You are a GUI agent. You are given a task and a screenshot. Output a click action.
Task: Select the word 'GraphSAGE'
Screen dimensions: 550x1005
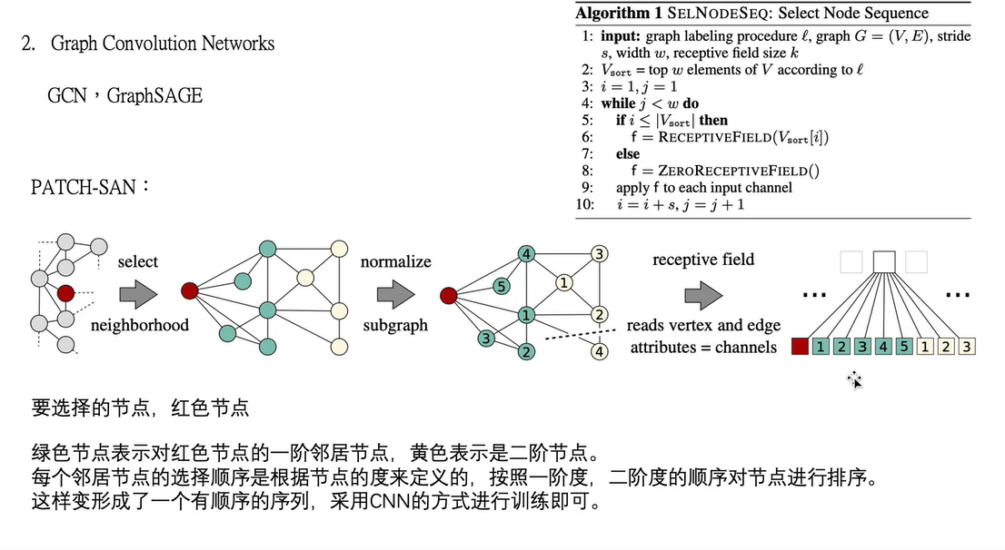click(x=154, y=95)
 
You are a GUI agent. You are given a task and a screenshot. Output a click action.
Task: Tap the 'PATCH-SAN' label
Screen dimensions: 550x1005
click(x=83, y=187)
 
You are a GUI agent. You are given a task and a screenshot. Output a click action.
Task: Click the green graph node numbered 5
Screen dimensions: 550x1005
click(x=501, y=286)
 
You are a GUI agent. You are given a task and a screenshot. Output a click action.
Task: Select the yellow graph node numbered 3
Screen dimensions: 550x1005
click(x=599, y=253)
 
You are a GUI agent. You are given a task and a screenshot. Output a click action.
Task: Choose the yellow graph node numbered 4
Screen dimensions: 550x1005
click(x=599, y=351)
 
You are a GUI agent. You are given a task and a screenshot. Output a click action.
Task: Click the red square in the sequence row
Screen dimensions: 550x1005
click(x=800, y=346)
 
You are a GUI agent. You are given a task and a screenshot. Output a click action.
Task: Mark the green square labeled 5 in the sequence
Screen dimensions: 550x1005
click(x=903, y=346)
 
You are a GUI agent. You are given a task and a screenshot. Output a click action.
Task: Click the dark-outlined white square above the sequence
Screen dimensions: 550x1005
click(x=884, y=262)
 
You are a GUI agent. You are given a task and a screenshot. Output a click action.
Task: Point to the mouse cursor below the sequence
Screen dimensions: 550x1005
click(x=855, y=380)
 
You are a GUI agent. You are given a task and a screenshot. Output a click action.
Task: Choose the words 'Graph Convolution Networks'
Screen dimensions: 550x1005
click(x=163, y=44)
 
